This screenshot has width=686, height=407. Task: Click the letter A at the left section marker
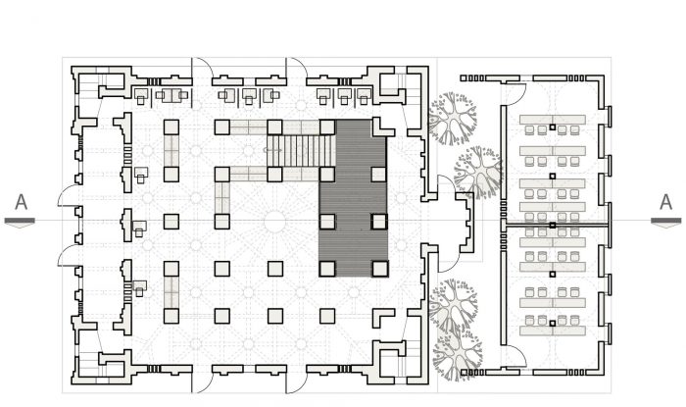(21, 202)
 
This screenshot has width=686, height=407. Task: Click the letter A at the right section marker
(665, 202)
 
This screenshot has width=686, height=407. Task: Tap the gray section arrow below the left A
(20, 223)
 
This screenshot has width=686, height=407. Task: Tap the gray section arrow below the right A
(666, 223)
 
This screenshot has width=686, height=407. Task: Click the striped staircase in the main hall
(301, 151)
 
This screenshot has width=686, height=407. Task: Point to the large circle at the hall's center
(274, 222)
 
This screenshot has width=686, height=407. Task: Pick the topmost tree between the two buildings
(452, 118)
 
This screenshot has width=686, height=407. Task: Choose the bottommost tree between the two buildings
(458, 355)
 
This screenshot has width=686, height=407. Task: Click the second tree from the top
(478, 172)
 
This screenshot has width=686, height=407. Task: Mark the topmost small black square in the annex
(553, 127)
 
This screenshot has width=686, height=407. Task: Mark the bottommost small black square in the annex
(553, 324)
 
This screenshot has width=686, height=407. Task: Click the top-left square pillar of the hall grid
(171, 127)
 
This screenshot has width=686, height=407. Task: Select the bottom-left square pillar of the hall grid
(171, 316)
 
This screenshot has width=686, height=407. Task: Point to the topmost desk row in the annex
(553, 119)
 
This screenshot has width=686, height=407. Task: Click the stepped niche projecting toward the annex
(465, 222)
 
